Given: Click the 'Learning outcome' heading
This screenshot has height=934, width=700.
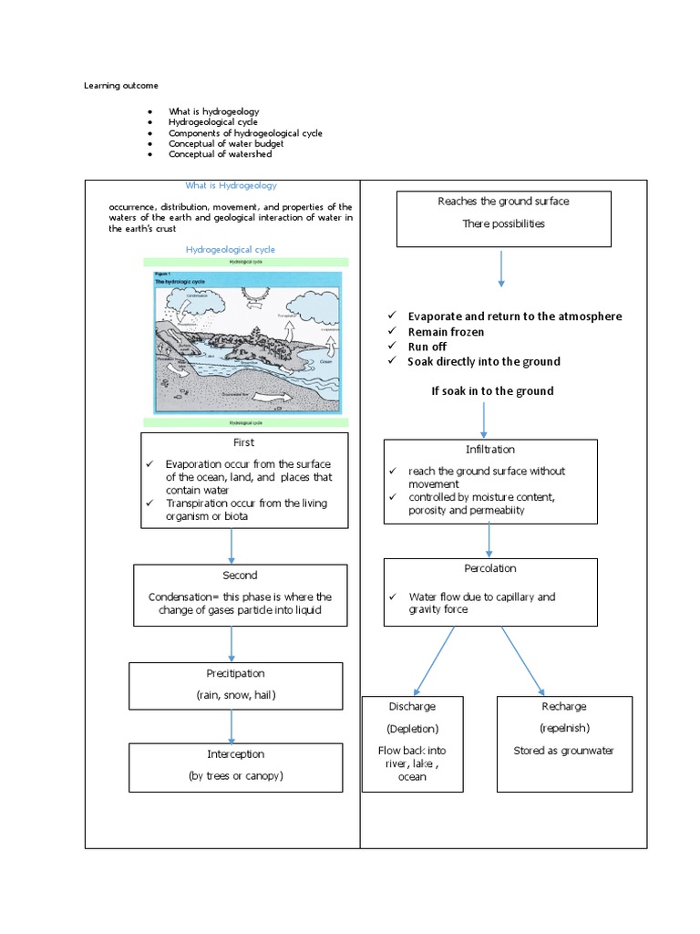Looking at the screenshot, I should point(121,86).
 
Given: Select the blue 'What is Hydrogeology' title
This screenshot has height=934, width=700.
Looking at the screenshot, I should point(232,185).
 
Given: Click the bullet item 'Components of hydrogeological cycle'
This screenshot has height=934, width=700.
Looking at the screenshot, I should point(245,133).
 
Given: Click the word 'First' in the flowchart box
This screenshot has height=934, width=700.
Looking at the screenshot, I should point(244,442).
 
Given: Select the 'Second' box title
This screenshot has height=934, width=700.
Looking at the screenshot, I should point(240,576).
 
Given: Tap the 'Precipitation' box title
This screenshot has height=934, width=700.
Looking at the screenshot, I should point(235,673).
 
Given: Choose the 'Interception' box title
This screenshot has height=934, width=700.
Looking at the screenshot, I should point(235,754).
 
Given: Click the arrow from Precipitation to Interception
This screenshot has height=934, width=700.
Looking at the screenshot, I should point(232,726).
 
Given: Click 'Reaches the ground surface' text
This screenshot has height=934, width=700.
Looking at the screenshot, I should point(503,202).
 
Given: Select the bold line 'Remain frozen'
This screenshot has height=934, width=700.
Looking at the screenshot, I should point(446,332).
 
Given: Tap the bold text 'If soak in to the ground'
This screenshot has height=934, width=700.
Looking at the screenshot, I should point(492,391).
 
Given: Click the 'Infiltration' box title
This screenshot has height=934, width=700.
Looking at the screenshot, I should point(490,450).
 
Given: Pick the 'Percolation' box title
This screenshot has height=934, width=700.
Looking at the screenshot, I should point(490,568).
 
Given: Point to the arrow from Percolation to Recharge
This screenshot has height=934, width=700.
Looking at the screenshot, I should point(521,660).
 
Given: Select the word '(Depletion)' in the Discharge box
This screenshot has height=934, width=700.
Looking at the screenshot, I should point(412,729).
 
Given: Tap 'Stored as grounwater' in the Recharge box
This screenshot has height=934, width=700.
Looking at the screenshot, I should point(563,751).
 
